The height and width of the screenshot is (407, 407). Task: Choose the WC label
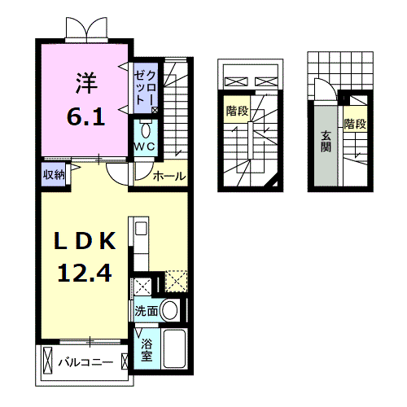(x=146, y=147)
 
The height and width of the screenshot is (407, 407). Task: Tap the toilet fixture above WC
(x=146, y=130)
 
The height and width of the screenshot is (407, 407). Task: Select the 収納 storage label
(x=54, y=173)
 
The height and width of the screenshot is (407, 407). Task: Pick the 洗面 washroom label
(x=146, y=311)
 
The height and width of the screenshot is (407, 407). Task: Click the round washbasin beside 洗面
(x=169, y=310)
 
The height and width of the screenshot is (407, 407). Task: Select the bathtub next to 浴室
(x=175, y=348)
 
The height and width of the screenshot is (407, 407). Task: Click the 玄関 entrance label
(x=325, y=143)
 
